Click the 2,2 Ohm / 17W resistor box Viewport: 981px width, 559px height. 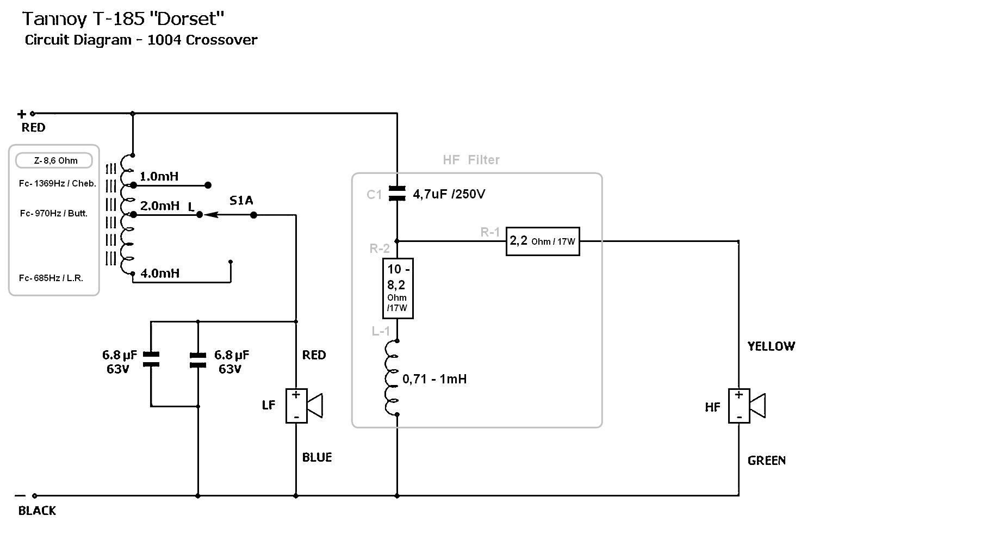pyautogui.click(x=543, y=241)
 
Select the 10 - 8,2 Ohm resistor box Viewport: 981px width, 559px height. pyautogui.click(x=398, y=288)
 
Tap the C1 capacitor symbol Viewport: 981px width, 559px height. pyautogui.click(x=398, y=193)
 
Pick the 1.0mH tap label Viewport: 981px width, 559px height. pyautogui.click(x=159, y=177)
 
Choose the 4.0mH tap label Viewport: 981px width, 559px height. pyautogui.click(x=160, y=274)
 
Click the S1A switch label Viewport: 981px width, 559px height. pyautogui.click(x=241, y=201)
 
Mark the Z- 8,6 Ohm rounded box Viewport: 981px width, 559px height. pyautogui.click(x=54, y=160)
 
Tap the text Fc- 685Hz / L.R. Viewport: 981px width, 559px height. pyautogui.click(x=51, y=278)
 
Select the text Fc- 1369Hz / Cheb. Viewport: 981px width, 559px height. pyautogui.click(x=57, y=184)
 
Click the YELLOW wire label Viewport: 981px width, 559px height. pyautogui.click(x=771, y=346)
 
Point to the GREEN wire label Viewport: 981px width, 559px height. pyautogui.click(x=766, y=461)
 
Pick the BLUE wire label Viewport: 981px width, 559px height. pyautogui.click(x=317, y=457)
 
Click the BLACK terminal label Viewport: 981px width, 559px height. pyautogui.click(x=37, y=511)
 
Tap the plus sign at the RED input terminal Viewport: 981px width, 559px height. pyautogui.click(x=22, y=114)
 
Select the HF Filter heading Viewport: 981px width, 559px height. pyautogui.click(x=471, y=160)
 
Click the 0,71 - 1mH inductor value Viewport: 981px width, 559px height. pyautogui.click(x=434, y=379)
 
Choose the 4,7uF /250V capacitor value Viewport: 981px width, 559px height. pyautogui.click(x=449, y=194)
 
